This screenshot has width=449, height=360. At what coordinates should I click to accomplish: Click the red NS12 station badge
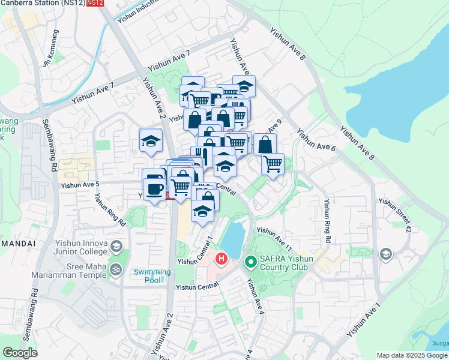95,3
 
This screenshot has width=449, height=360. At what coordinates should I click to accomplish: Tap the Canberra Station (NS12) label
42,3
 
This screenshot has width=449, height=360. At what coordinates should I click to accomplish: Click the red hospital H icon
221,260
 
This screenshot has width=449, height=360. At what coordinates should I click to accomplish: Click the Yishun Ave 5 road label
79,187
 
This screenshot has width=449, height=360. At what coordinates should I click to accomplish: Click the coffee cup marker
154,185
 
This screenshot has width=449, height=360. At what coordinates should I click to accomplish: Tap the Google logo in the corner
20,353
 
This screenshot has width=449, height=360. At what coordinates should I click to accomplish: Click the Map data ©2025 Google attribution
412,355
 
